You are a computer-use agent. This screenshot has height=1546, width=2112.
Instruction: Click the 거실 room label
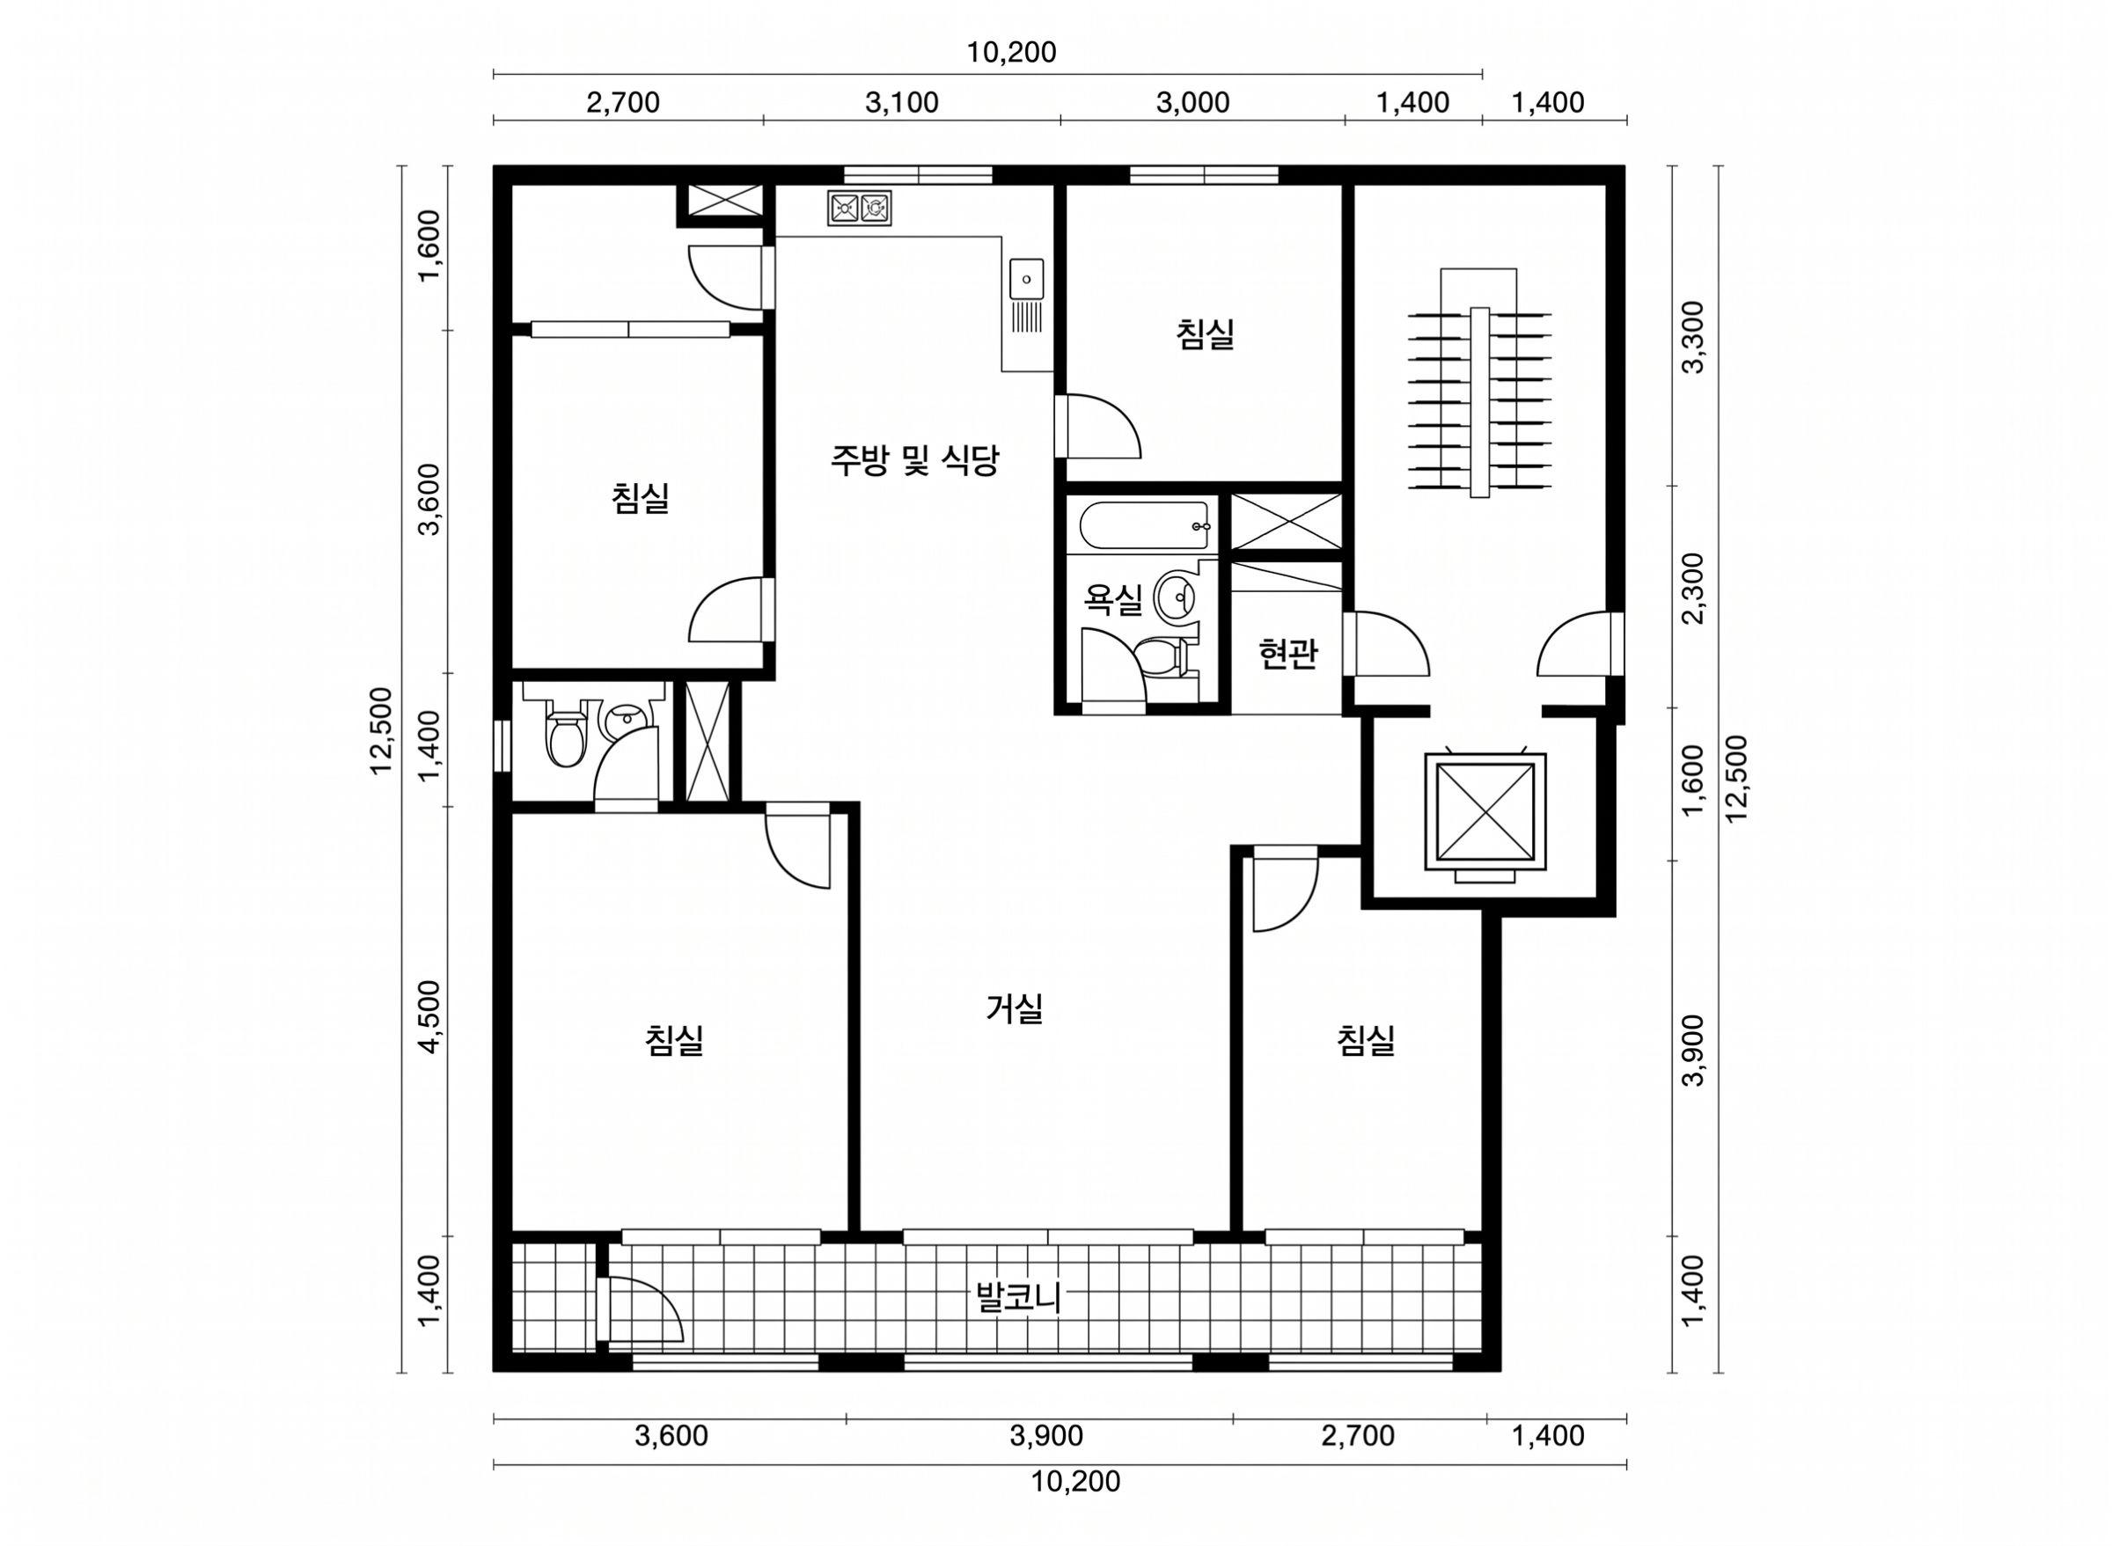coord(1015,1007)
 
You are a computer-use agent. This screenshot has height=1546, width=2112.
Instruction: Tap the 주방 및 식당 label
coord(915,459)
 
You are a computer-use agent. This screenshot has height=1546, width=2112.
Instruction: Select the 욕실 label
coord(1112,599)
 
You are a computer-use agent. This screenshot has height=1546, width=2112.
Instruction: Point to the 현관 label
coord(1287,654)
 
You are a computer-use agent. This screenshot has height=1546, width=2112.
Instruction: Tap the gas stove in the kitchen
coord(859,208)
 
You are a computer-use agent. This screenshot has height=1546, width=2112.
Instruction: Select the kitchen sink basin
coord(1027,279)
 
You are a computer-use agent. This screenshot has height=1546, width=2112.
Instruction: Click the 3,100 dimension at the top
coord(901,103)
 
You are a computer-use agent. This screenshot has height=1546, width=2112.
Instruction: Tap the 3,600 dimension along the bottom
coord(671,1436)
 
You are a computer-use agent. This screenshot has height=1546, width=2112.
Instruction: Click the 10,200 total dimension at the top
coord(1011,53)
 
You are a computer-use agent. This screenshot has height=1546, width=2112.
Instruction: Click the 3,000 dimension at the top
coord(1192,103)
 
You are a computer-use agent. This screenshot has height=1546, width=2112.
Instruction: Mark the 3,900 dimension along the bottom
coord(1046,1436)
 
